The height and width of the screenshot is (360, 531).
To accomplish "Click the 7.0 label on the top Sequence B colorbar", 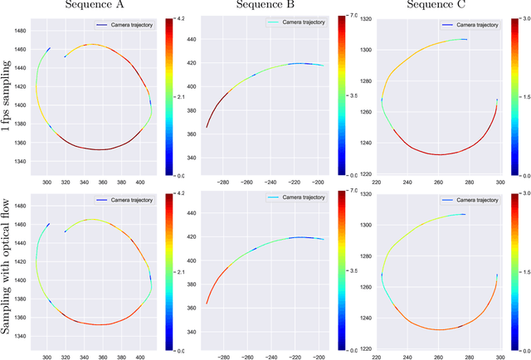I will pos(349,16).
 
